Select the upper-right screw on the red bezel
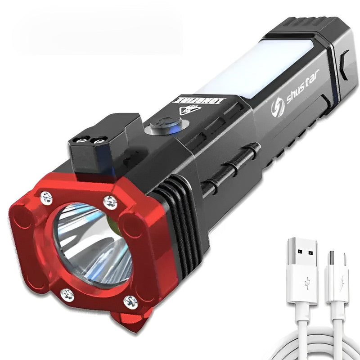pyautogui.click(x=110, y=202)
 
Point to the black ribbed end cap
pyautogui.click(x=302, y=28)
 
